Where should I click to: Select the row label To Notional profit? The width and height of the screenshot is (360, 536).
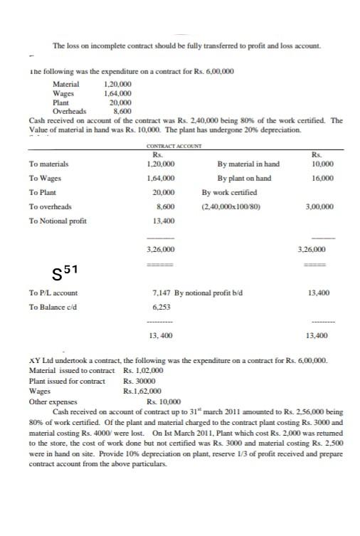(x=58, y=221)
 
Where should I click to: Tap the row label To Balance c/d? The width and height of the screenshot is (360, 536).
(x=54, y=307)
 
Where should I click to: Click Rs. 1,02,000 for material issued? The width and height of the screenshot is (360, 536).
(x=144, y=371)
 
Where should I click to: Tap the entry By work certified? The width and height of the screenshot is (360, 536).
(x=229, y=193)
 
